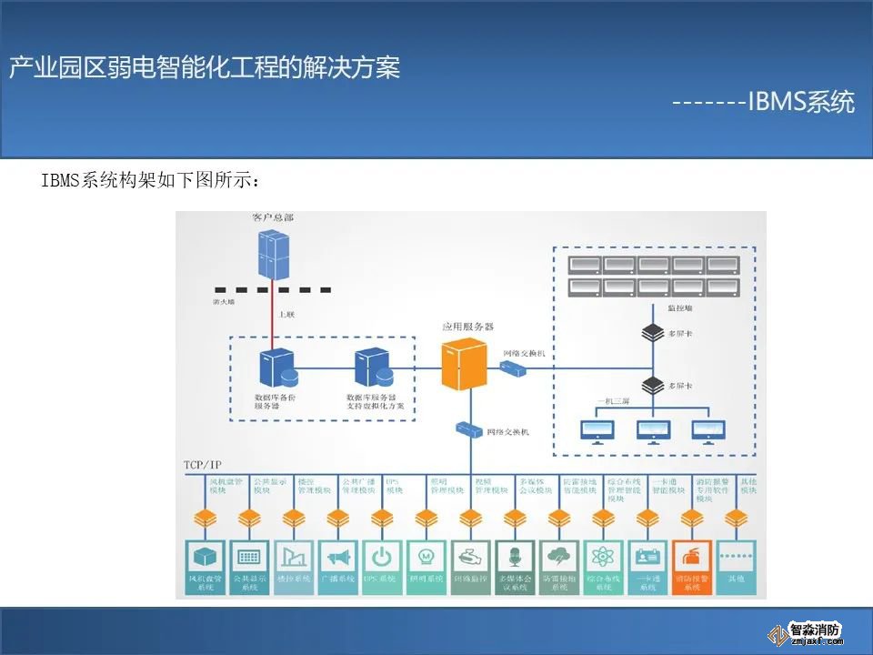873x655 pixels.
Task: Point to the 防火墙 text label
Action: pos(224,300)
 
